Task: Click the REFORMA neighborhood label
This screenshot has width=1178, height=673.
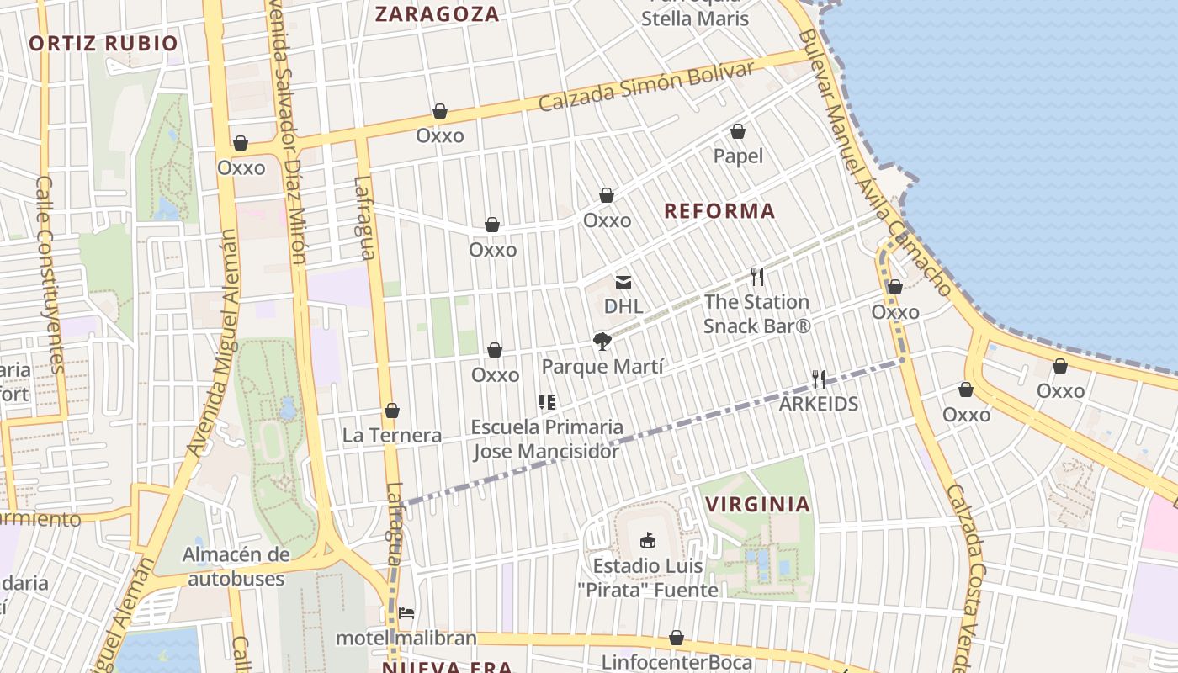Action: coord(719,210)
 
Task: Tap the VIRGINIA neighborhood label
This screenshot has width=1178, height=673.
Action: coord(757,505)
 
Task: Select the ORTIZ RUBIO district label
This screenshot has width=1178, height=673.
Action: coord(103,44)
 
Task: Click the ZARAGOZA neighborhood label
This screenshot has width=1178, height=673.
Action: coord(437,14)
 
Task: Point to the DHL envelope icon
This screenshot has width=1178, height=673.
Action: coord(623,282)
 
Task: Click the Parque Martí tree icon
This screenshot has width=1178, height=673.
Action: coord(602,342)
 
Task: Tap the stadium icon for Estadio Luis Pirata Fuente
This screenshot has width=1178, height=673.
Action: coord(647,541)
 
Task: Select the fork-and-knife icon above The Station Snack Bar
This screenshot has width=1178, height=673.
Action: coord(756,277)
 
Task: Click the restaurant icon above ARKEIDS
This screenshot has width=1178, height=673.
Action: coord(818,379)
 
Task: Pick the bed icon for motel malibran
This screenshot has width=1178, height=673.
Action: coord(406,612)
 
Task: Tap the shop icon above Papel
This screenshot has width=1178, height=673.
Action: coord(738,131)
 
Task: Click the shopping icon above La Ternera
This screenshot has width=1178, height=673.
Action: coord(391,411)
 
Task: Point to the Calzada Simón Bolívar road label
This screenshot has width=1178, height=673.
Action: coord(646,87)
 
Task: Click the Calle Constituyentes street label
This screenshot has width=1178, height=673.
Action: coord(50,274)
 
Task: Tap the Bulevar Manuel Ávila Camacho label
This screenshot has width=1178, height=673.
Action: coord(875,164)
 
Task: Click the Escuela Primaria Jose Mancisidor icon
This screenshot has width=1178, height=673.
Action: coord(547,402)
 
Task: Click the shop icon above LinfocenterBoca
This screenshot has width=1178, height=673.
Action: coord(676,638)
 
